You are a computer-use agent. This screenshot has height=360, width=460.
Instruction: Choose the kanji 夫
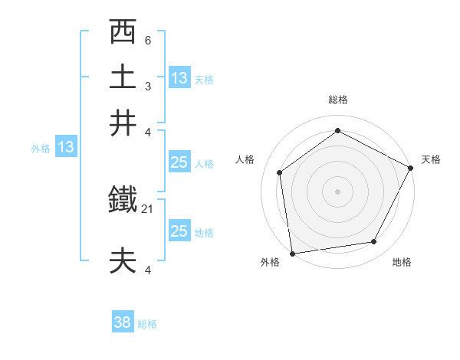point(123,260)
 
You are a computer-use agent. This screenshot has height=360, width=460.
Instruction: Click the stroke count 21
point(148,208)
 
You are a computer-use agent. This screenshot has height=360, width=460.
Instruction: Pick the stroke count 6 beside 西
point(148,40)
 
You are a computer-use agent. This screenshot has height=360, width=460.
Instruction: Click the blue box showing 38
point(123,323)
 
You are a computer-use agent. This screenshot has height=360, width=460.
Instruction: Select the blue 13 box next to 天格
point(179,78)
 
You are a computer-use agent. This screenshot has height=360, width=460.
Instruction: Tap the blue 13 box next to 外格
point(66,147)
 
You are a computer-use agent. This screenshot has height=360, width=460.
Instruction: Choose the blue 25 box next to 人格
point(179,162)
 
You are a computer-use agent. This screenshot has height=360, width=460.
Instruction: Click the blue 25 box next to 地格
point(179,231)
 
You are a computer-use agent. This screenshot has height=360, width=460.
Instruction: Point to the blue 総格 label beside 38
point(147,324)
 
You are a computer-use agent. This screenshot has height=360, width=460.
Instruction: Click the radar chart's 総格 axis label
point(338,100)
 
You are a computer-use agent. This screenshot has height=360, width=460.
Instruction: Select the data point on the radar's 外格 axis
point(292,253)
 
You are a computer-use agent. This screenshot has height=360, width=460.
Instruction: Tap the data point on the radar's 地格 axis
point(374,241)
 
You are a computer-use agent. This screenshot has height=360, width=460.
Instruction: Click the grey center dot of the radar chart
point(338,191)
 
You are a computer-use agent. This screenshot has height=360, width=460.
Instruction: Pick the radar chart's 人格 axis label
point(245,159)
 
